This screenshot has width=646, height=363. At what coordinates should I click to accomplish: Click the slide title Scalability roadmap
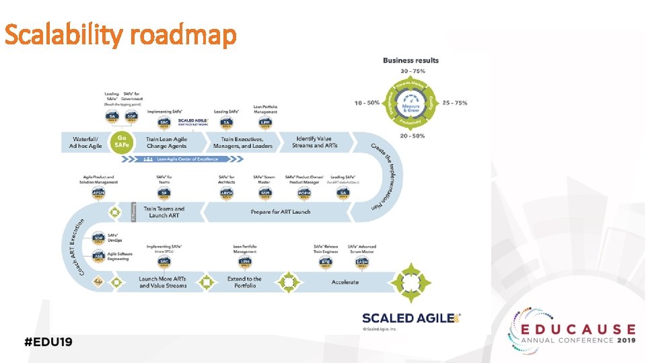click(x=120, y=36)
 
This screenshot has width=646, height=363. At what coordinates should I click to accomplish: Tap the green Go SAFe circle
click(x=123, y=143)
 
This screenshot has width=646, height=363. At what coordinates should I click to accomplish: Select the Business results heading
click(x=410, y=61)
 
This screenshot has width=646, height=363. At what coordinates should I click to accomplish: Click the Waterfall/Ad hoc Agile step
click(x=85, y=143)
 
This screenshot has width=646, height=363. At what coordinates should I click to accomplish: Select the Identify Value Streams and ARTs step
click(x=316, y=143)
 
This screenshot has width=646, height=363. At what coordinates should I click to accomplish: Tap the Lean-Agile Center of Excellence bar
click(x=190, y=159)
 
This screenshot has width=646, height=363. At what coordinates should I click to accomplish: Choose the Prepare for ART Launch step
click(x=281, y=212)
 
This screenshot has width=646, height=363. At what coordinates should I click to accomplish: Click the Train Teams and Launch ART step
click(x=164, y=212)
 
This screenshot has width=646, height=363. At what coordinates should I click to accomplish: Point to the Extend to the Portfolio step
click(x=244, y=282)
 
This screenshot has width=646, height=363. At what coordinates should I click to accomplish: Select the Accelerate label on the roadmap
click(x=345, y=282)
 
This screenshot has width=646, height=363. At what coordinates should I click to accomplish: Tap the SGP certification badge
click(x=131, y=117)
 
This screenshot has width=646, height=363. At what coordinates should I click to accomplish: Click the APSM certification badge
click(x=98, y=193)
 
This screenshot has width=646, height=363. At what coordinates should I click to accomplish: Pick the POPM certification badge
click(x=305, y=193)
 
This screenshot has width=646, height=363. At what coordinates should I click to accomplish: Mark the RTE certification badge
click(x=326, y=261)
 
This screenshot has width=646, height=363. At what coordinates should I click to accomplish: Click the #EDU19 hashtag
click(x=48, y=341)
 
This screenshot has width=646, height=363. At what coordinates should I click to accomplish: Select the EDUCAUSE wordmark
click(x=577, y=329)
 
